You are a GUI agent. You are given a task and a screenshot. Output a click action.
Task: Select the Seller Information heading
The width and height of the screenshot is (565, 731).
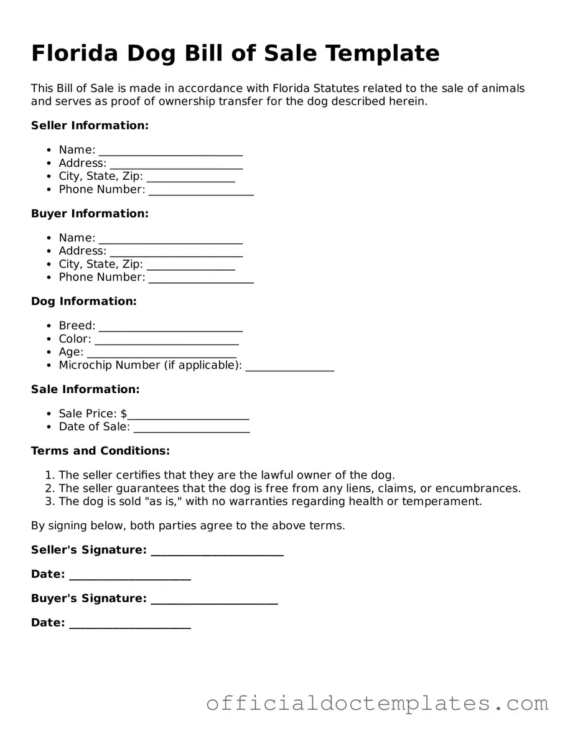[x=90, y=126]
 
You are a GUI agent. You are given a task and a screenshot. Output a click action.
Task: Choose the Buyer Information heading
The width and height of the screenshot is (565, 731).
[x=90, y=213]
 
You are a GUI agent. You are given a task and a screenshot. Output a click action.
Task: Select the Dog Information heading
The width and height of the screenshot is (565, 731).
[x=83, y=301]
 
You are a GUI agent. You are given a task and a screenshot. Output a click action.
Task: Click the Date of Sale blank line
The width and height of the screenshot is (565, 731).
[x=191, y=428]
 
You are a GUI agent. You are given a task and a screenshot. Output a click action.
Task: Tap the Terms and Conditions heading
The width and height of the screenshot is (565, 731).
[x=100, y=450]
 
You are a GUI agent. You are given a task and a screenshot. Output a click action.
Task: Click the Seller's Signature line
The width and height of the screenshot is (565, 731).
[x=217, y=551]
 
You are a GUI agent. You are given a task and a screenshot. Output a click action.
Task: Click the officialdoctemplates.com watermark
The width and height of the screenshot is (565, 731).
[x=377, y=704]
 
